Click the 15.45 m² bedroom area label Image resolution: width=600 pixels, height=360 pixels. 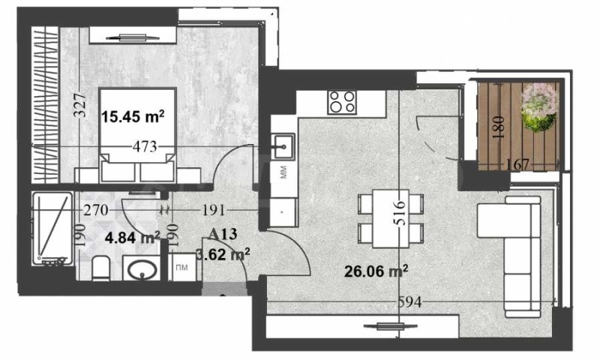tap(132, 115)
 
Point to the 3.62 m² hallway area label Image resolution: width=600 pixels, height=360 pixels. tap(223, 254)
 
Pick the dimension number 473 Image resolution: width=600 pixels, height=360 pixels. tap(145, 146)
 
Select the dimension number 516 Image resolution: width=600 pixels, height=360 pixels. tap(399, 213)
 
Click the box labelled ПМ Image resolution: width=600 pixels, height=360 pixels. tap(182, 268)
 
